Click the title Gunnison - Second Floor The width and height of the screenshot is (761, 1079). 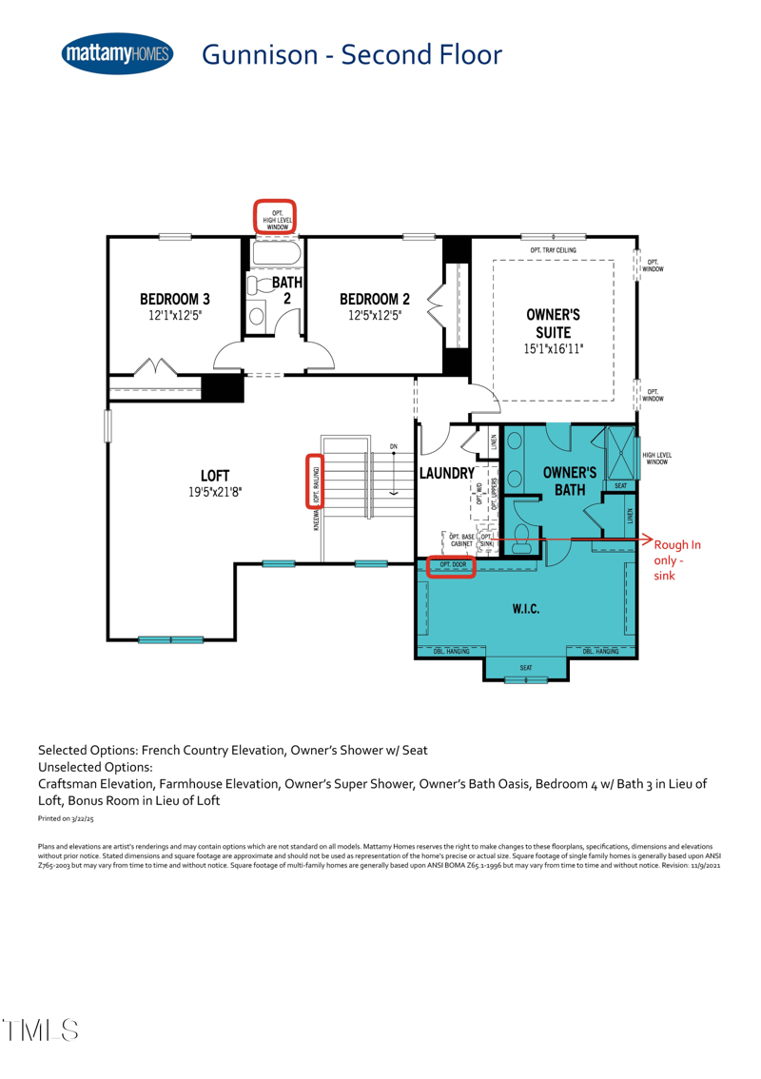pyautogui.click(x=351, y=55)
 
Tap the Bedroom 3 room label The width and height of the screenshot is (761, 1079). pyautogui.click(x=175, y=298)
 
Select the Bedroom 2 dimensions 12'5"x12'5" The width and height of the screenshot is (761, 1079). pyautogui.click(x=375, y=314)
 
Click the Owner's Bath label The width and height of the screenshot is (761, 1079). pyautogui.click(x=569, y=481)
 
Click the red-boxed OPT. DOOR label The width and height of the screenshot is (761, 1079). pyautogui.click(x=452, y=565)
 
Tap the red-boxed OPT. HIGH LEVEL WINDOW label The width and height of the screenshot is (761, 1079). pyautogui.click(x=277, y=217)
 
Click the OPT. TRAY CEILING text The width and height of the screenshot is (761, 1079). pyautogui.click(x=553, y=250)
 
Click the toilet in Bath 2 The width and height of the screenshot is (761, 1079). pyautogui.click(x=258, y=285)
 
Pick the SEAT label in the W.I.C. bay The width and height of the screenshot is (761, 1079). pyautogui.click(x=525, y=668)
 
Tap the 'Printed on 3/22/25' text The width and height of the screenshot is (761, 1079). pyautogui.click(x=66, y=818)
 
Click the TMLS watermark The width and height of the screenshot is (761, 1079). pyautogui.click(x=40, y=1029)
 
